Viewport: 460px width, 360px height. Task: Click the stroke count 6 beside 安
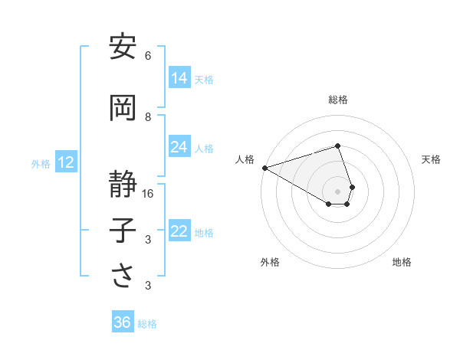point(148,56)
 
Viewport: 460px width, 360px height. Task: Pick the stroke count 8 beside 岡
point(148,117)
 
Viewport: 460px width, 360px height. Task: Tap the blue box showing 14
point(179,77)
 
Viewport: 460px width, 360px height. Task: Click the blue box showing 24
point(179,147)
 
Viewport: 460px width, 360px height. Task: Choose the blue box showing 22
point(179,231)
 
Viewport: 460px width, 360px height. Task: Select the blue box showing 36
point(123,322)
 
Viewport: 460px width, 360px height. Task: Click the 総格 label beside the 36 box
point(147,324)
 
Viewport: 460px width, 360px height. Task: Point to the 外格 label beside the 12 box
point(41,163)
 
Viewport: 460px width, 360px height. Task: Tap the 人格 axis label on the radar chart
point(245,159)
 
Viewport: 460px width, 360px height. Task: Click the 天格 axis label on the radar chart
point(431,159)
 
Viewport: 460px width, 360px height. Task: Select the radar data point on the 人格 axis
point(264,168)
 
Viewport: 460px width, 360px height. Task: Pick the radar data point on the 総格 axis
point(337,146)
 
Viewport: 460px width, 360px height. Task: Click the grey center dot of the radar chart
point(337,191)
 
